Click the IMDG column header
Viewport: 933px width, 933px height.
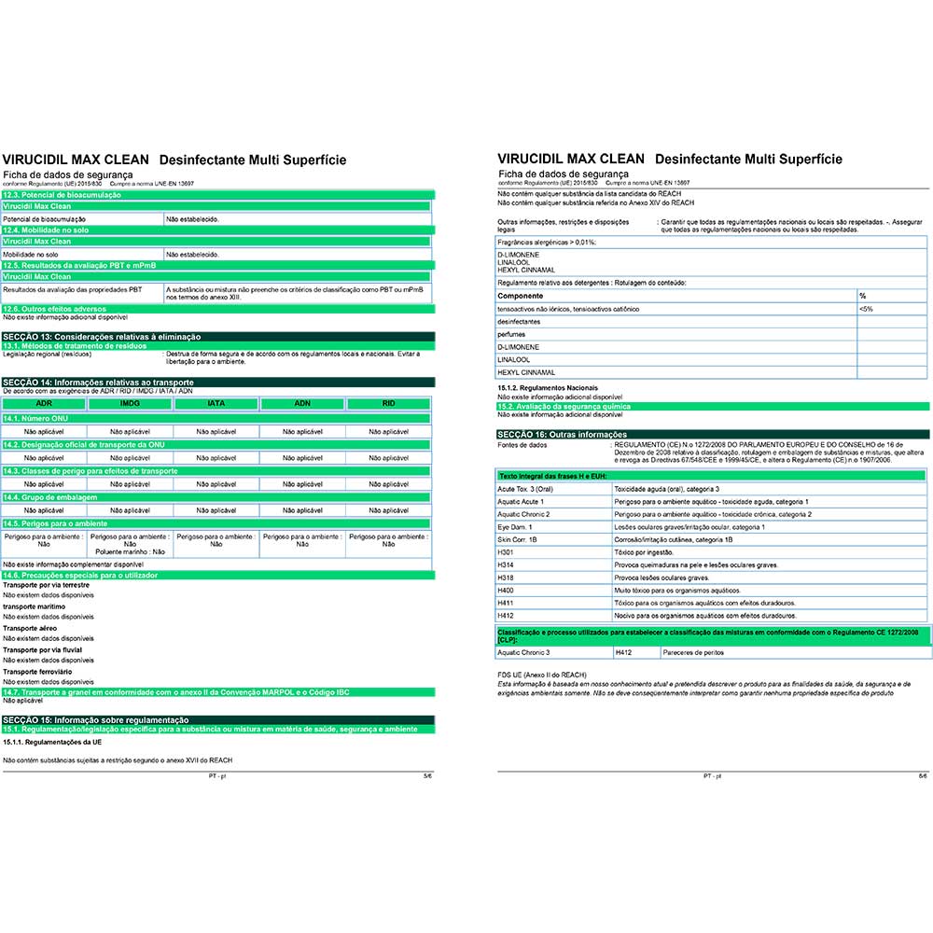[x=130, y=403]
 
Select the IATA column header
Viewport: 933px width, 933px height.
[x=216, y=403]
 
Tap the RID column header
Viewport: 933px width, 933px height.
[x=388, y=403]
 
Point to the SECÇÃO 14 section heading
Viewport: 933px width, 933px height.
[x=98, y=383]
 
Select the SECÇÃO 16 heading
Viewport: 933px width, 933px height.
[x=562, y=435]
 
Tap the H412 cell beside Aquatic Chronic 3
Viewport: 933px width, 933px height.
[x=624, y=652]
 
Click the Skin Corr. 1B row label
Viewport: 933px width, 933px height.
[x=518, y=539]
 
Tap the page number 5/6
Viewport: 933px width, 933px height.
[x=427, y=776]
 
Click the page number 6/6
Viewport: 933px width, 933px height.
[x=922, y=776]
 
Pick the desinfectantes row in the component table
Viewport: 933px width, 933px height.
[x=521, y=321]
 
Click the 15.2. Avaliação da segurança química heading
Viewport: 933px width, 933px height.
[x=564, y=407]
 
